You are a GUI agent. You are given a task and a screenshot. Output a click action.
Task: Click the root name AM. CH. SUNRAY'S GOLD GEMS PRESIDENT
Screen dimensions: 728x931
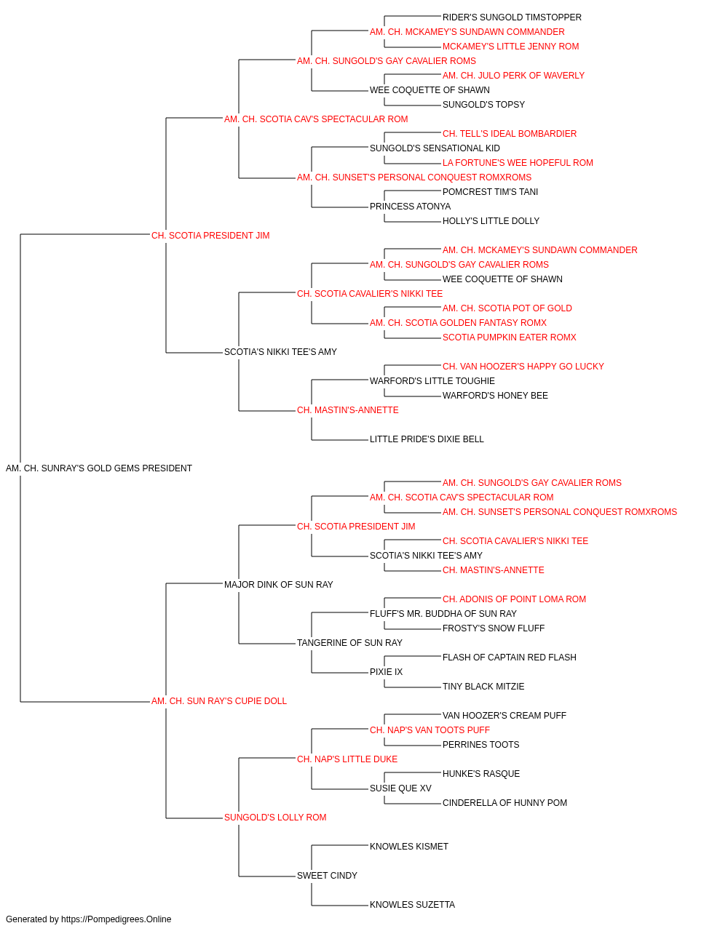click(98, 468)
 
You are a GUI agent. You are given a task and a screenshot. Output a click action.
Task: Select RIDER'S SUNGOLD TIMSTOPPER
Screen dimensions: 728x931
click(512, 17)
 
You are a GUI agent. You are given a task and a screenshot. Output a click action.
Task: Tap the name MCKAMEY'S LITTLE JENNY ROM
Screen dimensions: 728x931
click(510, 47)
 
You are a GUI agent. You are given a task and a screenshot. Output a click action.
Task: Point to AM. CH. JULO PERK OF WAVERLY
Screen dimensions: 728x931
click(514, 76)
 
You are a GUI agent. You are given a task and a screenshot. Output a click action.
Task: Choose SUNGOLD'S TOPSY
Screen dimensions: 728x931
click(483, 105)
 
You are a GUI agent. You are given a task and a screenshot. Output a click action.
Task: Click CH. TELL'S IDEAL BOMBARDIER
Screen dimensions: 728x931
click(510, 134)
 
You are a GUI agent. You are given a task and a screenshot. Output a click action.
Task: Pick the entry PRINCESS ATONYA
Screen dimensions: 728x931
click(411, 207)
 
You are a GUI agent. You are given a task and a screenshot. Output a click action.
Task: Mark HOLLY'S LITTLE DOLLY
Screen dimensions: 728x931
click(491, 221)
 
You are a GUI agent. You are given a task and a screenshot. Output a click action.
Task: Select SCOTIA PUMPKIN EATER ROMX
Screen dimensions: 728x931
click(510, 337)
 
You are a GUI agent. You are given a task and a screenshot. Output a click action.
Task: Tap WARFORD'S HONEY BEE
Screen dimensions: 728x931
click(495, 396)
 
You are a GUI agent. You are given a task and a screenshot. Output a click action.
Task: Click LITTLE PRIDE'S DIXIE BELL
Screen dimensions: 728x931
click(427, 439)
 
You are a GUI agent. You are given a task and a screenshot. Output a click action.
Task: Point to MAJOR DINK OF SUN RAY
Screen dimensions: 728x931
click(278, 585)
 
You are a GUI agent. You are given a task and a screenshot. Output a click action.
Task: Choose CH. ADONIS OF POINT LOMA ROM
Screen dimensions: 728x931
click(514, 599)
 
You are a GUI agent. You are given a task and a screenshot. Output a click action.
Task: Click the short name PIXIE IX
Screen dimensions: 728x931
click(387, 672)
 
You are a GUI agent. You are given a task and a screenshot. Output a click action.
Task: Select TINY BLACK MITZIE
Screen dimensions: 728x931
click(483, 687)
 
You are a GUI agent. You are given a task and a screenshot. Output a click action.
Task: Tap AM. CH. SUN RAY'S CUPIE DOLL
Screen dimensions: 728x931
click(218, 701)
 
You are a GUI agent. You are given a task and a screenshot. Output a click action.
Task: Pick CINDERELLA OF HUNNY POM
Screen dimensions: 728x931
click(505, 803)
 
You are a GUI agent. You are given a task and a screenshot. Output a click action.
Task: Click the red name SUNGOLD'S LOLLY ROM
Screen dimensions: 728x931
click(275, 818)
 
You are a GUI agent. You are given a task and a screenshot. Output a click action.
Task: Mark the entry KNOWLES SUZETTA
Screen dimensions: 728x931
click(412, 905)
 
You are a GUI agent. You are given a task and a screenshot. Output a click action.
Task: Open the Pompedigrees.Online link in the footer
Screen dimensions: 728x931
click(116, 919)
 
